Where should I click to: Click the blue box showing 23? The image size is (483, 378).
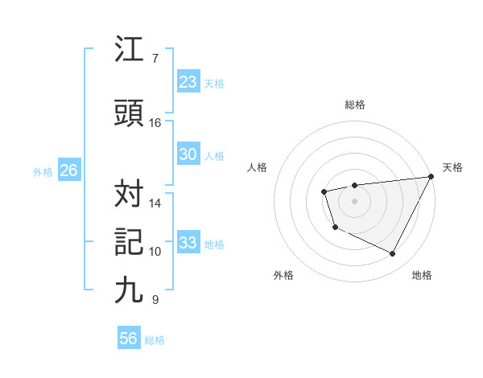pos(188,82)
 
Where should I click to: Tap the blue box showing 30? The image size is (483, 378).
pos(188,154)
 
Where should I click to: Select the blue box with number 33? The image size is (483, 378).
pos(188,243)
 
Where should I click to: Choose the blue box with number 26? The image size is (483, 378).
pos(68,171)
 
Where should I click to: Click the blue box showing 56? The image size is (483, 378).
pos(129,339)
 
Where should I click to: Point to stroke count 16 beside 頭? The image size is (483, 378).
pos(155,123)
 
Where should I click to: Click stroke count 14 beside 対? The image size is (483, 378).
pos(155,203)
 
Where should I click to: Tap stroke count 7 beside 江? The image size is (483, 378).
pos(155,59)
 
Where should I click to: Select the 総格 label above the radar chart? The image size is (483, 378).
pos(355,105)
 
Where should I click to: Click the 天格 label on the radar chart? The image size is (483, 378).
pos(452,167)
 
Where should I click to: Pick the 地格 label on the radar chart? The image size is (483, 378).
pos(422,275)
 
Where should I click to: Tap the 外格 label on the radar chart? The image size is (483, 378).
pos(283,275)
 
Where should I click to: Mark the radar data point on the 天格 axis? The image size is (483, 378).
pos(431,176)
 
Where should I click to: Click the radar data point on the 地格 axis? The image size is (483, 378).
pos(393,254)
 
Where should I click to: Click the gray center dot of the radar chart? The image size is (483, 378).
pos(354,201)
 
